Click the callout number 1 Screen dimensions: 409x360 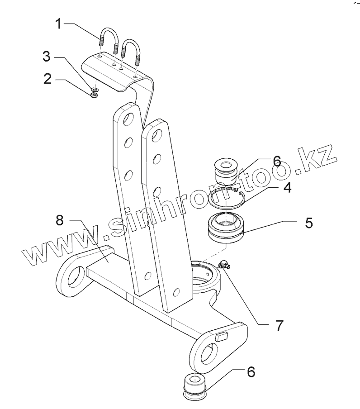point(58,23)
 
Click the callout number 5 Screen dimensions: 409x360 point(308,222)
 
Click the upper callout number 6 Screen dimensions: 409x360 point(276,162)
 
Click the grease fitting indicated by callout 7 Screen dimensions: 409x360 point(224,264)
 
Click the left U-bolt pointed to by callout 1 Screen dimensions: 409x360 point(108,41)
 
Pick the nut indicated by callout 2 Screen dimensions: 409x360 point(95,94)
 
